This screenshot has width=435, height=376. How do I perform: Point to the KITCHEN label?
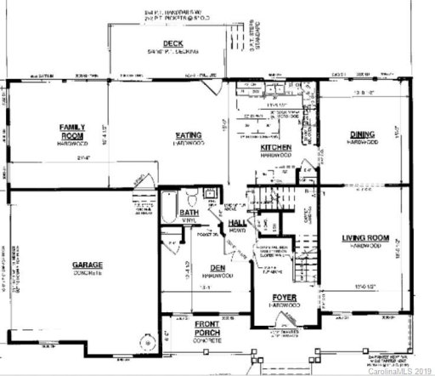[x=276, y=147]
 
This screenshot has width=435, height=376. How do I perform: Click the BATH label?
[x=189, y=213]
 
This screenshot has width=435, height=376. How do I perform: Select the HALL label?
[x=237, y=223]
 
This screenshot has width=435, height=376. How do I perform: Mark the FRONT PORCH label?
[x=207, y=328]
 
